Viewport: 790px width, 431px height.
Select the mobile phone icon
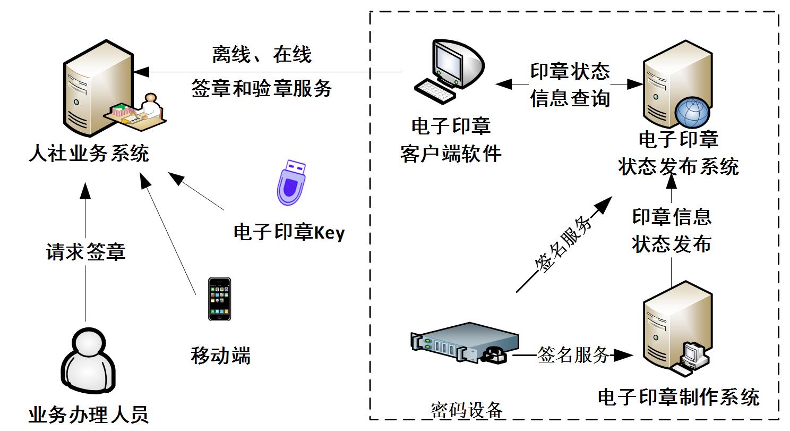(x=219, y=299)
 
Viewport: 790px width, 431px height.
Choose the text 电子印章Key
(x=289, y=232)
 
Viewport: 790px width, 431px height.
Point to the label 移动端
(x=220, y=356)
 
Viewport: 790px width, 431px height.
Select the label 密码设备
(x=467, y=410)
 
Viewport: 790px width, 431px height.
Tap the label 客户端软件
(x=451, y=154)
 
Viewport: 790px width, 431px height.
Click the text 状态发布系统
(x=679, y=167)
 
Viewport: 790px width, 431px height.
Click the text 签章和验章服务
(x=262, y=88)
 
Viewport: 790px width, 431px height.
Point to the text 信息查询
(x=570, y=98)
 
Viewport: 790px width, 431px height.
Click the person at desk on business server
(x=139, y=110)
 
